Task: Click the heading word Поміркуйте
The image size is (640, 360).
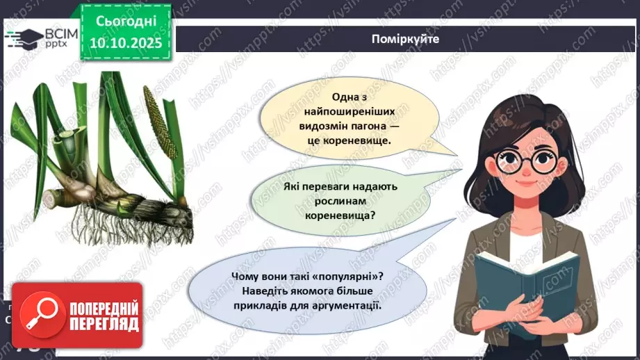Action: click(405, 40)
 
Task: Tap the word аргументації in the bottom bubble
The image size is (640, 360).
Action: click(349, 306)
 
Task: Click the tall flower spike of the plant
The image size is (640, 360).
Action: click(158, 118)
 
